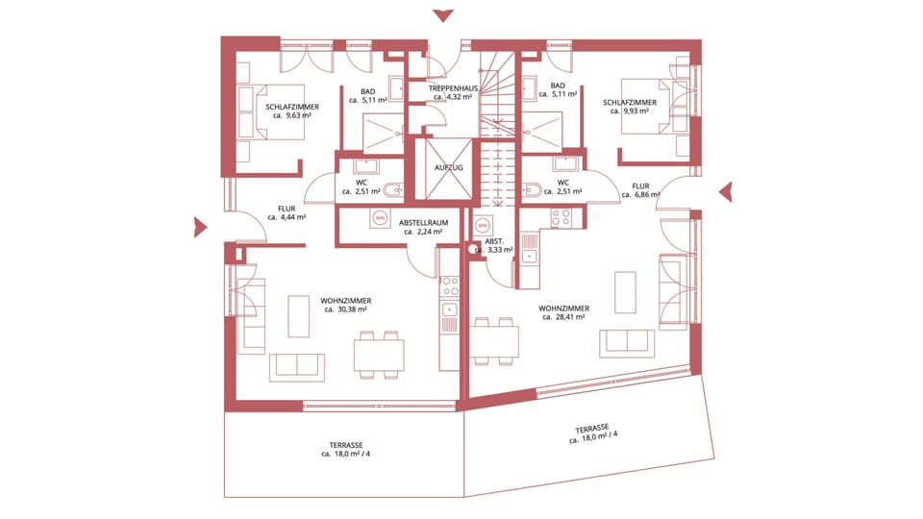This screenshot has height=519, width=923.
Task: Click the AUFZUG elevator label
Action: (449, 167)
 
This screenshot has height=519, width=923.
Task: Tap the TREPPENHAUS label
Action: (453, 88)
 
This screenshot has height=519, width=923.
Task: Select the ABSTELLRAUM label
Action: (423, 223)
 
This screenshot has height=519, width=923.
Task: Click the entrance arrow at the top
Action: (442, 16)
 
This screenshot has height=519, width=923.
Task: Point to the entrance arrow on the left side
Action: (200, 227)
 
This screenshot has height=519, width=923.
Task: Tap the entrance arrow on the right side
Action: (726, 192)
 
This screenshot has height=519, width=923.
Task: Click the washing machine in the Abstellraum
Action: (381, 218)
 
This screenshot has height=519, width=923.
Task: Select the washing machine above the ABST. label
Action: (483, 225)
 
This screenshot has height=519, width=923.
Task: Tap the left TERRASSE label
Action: (346, 445)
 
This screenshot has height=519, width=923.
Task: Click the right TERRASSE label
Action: (592, 429)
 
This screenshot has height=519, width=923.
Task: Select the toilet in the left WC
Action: (391, 190)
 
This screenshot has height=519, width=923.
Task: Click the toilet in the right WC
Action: (532, 190)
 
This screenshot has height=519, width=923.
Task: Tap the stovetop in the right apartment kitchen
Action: (561, 218)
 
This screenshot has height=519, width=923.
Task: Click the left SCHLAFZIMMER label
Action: (292, 107)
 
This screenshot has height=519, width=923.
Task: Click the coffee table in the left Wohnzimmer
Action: (298, 316)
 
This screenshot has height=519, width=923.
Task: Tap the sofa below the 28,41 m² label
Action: (627, 344)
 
